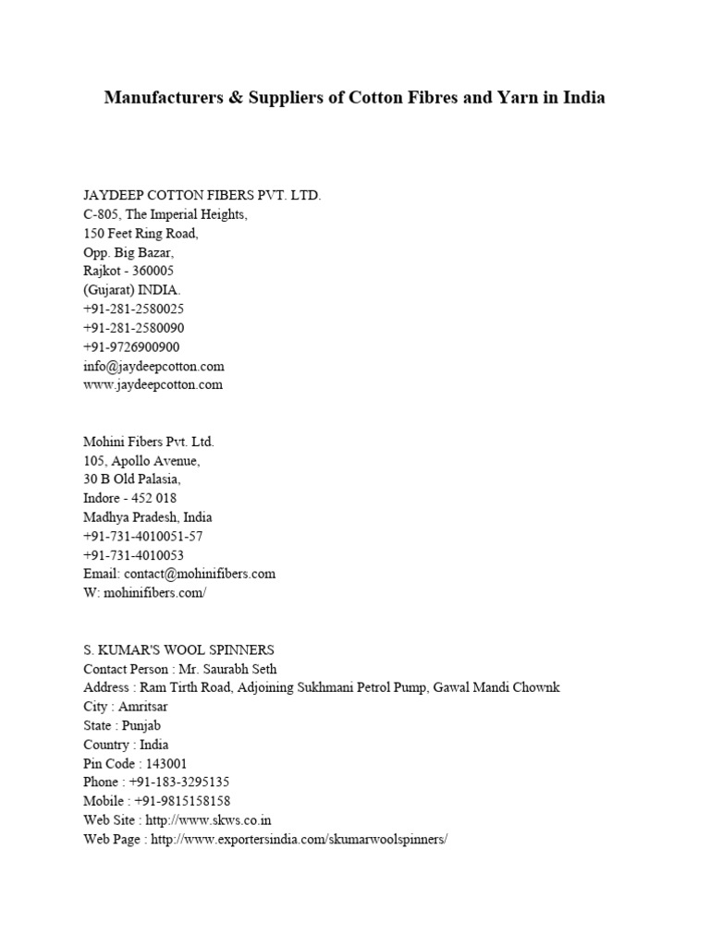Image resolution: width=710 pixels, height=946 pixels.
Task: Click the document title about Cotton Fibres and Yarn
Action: (354, 97)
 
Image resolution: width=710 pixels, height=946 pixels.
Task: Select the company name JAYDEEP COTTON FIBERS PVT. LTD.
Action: (202, 196)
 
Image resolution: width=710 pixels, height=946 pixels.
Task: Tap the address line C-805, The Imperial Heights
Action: (165, 214)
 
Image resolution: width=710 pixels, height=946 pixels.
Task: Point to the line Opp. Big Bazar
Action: (129, 252)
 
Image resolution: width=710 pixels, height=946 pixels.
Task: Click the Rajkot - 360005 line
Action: (129, 271)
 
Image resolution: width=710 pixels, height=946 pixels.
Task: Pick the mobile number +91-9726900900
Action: (131, 347)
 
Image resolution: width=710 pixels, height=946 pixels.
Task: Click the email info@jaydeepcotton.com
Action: (153, 366)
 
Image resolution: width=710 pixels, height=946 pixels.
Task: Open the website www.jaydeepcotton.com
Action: (153, 385)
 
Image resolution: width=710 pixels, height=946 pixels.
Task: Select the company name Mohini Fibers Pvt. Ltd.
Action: (149, 443)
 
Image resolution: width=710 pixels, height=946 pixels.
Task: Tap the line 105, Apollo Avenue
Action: (141, 461)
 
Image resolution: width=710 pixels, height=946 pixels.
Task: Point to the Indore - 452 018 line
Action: (129, 498)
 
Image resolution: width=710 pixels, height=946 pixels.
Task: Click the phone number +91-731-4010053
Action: (133, 555)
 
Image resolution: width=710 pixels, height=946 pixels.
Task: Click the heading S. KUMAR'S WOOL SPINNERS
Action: (178, 649)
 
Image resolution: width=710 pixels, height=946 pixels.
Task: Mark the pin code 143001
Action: (166, 764)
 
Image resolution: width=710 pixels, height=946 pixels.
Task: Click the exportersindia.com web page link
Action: (298, 840)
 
